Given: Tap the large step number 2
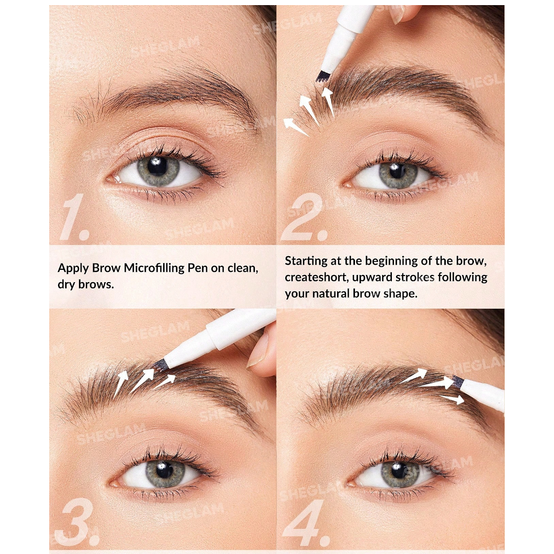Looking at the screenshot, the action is [x=305, y=217].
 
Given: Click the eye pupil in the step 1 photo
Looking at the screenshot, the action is [x=156, y=165].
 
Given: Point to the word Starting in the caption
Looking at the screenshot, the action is [x=306, y=262].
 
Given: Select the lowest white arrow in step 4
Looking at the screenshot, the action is [x=452, y=399].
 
